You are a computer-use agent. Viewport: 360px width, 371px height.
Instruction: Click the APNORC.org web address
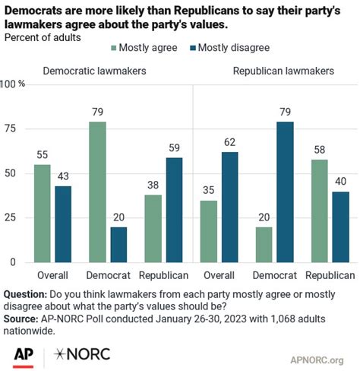click(317, 358)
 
